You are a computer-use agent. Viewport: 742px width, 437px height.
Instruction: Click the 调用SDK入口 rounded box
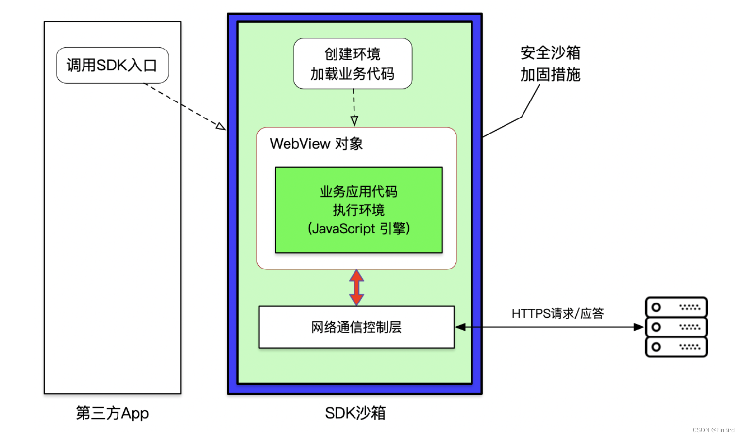pyautogui.click(x=112, y=65)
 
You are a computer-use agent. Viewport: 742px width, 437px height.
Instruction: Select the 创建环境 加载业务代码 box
pyautogui.click(x=353, y=64)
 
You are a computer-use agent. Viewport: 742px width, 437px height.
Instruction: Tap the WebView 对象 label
pyautogui.click(x=316, y=144)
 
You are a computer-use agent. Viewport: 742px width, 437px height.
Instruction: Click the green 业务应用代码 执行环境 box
pyautogui.click(x=358, y=210)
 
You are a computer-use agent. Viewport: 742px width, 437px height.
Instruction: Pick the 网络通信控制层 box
pyautogui.click(x=356, y=327)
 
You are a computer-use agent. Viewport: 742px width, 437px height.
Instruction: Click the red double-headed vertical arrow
pyautogui.click(x=356, y=287)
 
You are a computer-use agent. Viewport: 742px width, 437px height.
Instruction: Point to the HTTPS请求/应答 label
pyautogui.click(x=557, y=313)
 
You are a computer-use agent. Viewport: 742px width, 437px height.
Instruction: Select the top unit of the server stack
pyautogui.click(x=676, y=307)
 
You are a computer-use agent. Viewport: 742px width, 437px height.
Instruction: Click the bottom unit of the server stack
pyautogui.click(x=676, y=347)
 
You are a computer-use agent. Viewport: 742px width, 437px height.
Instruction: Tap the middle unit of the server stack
pyautogui.click(x=676, y=327)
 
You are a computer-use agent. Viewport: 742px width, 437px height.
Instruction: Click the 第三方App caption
pyautogui.click(x=112, y=413)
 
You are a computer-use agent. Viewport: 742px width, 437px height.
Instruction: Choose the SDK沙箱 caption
pyautogui.click(x=355, y=413)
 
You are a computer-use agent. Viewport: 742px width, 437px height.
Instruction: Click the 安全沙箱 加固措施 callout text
pyautogui.click(x=550, y=64)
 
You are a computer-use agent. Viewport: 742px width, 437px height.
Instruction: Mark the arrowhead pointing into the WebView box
pyautogui.click(x=354, y=121)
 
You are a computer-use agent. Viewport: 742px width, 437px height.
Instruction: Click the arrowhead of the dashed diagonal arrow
pyautogui.click(x=220, y=126)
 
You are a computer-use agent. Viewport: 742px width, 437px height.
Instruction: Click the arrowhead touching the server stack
pyautogui.click(x=639, y=327)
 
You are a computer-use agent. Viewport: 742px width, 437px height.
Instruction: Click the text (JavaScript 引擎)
pyautogui.click(x=358, y=228)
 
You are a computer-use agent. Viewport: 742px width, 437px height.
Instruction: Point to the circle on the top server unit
pyautogui.click(x=656, y=307)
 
